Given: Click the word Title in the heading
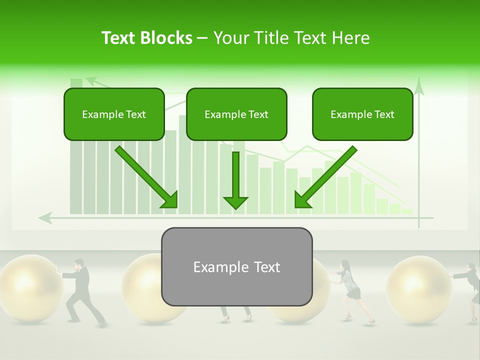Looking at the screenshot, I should (270, 38).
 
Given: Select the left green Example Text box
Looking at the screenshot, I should (114, 114).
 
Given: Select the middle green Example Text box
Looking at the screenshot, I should (236, 114).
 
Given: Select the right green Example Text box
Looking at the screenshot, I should (362, 114).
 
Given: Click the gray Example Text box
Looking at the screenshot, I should (236, 266).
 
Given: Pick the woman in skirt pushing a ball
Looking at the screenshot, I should (350, 290).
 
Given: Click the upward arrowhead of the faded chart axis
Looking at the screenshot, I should (419, 86).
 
